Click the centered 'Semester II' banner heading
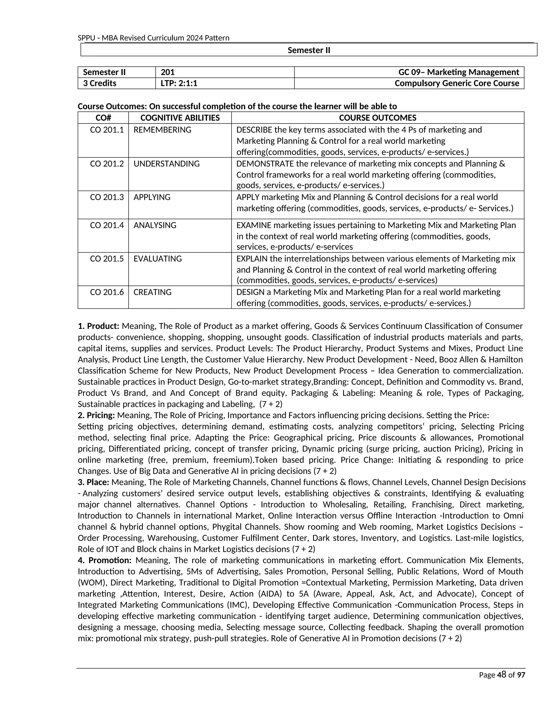(x=309, y=50)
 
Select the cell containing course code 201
(x=168, y=72)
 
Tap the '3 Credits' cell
(x=99, y=83)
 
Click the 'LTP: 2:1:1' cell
(x=179, y=83)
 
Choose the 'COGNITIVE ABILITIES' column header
(x=180, y=118)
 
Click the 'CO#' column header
(x=103, y=118)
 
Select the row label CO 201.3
(x=107, y=197)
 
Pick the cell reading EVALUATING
(x=158, y=258)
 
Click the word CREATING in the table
(x=152, y=292)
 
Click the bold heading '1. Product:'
(x=98, y=326)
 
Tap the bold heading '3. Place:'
(x=93, y=482)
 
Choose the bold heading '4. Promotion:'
(x=105, y=560)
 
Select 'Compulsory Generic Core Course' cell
(x=457, y=83)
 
